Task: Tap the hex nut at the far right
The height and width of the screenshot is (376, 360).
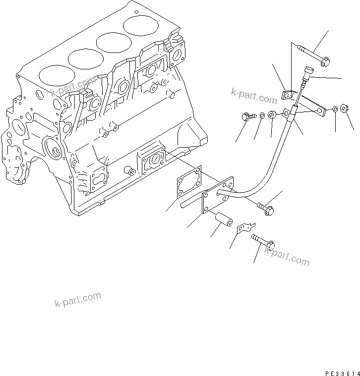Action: point(347,109)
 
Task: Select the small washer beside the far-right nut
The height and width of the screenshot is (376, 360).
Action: point(336,108)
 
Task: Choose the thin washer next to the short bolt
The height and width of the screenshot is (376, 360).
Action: point(262,116)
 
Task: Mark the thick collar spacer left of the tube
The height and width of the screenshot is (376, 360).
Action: point(272,115)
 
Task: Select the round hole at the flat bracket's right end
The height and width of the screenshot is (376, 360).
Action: point(322,112)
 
